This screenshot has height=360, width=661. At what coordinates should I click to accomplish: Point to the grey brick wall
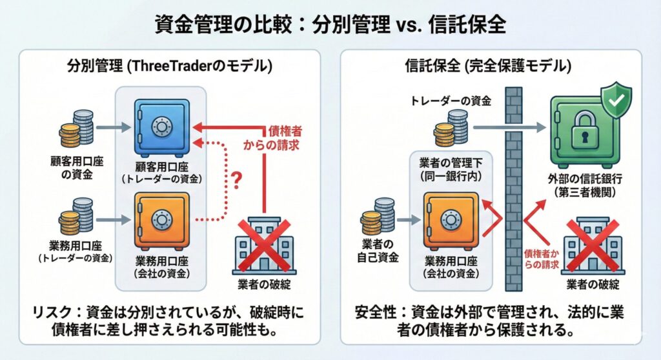coord(514,194)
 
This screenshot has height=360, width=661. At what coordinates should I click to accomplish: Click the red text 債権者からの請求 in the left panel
coord(275,138)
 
